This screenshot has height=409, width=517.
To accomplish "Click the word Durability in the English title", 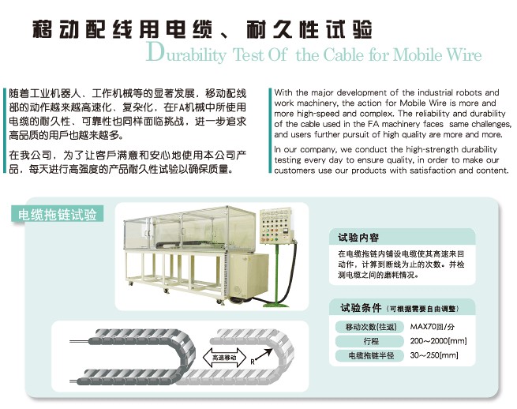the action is pos(186,53).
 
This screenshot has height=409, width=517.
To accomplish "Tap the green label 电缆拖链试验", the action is pos(58,215).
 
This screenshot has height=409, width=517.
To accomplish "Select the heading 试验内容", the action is pos(358,238).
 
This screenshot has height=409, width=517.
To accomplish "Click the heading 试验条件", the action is pos(361,308).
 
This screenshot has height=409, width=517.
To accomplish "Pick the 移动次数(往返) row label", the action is pos(371,327).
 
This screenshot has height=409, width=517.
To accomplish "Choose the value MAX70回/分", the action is pos(433,327).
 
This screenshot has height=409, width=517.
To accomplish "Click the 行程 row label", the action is pos(371,341).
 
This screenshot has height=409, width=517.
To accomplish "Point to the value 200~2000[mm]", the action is pos(439,341).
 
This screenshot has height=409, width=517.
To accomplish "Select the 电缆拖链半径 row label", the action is pos(371,355).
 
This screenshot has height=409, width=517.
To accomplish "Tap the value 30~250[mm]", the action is pos(434,355).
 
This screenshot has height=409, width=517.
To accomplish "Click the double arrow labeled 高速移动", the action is pos(224,358).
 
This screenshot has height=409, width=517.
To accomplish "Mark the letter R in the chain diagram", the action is pos(253,362).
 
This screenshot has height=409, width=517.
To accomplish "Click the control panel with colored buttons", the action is pos(275,227).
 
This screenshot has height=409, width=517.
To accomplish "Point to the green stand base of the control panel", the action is pos(276,304).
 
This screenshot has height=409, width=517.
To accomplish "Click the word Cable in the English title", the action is pos(343,54).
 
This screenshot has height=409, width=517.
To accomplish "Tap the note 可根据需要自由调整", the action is pos(423,309).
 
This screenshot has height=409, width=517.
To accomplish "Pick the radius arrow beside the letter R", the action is pos(264,355).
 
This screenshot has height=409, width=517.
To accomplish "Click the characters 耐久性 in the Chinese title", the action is pos(283,29).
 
